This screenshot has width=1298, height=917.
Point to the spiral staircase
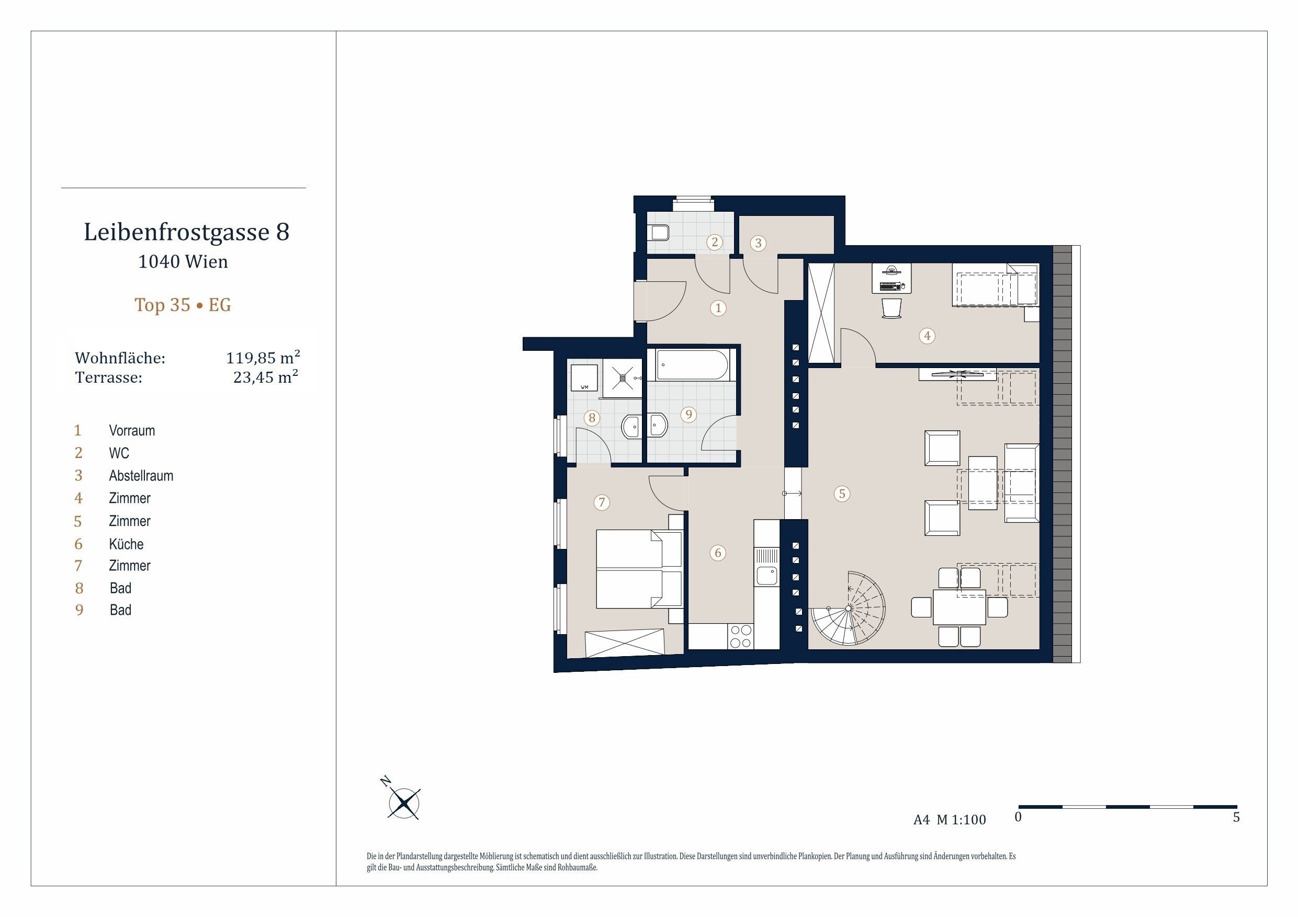point(849,609)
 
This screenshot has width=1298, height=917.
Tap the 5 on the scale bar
point(1236,818)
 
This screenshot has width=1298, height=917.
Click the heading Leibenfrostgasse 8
point(187,232)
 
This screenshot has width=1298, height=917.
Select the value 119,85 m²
point(263,357)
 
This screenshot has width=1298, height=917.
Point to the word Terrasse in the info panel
point(108,377)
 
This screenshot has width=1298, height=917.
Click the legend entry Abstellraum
point(141,476)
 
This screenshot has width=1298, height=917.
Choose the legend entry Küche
point(126,544)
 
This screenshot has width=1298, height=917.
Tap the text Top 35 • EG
point(183,305)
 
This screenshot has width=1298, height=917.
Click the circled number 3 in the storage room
point(758,243)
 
